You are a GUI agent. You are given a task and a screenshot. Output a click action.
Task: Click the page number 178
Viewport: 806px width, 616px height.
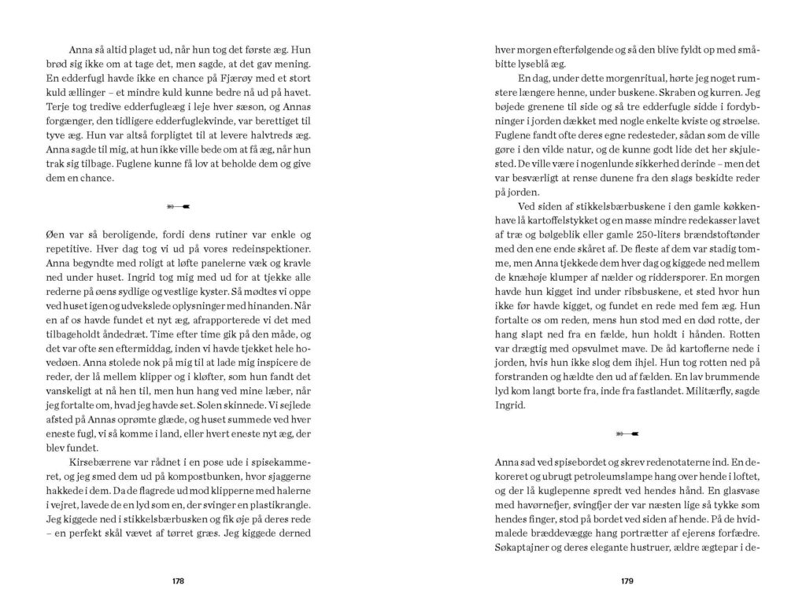click(x=178, y=581)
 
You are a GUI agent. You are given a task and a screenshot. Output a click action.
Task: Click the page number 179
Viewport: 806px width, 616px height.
click(x=627, y=581)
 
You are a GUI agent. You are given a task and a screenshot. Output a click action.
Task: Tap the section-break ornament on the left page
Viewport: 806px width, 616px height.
click(x=178, y=207)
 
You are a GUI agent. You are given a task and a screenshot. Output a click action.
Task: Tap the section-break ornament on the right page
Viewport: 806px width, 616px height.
click(x=627, y=432)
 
